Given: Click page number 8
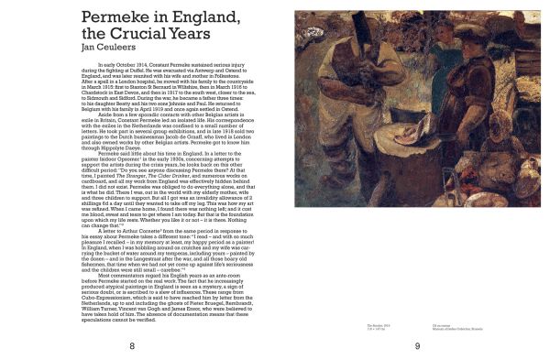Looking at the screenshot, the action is tap(132, 345).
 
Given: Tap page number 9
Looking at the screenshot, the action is tap(416, 345).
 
